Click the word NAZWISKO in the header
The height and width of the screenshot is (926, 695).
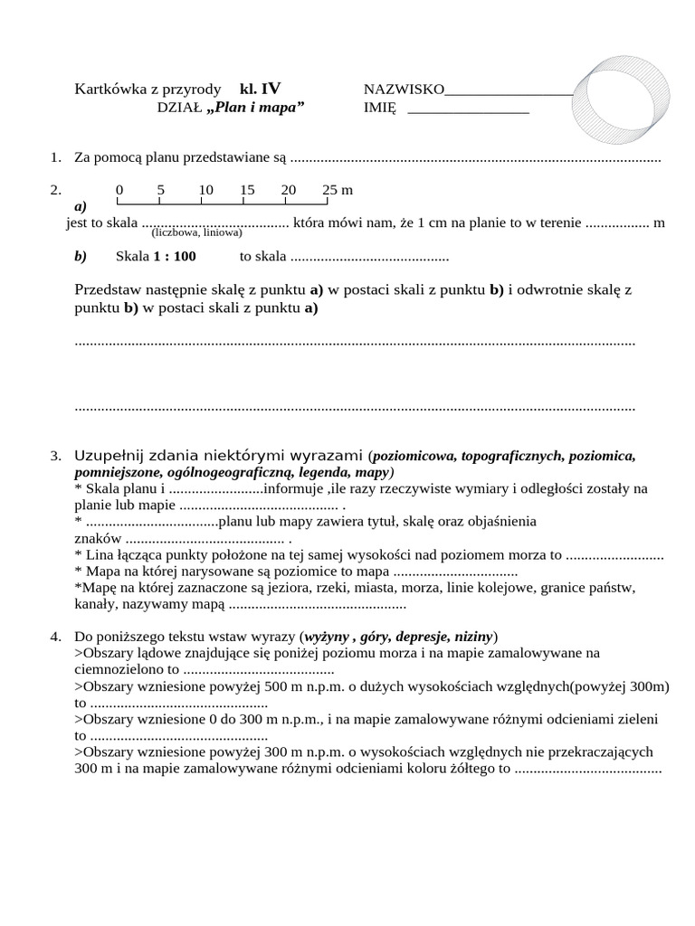click(x=404, y=90)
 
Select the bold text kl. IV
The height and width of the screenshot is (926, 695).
click(x=260, y=89)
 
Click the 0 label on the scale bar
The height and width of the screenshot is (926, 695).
click(x=119, y=190)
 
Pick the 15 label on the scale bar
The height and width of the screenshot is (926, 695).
click(x=247, y=190)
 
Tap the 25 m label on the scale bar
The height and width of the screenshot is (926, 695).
click(x=337, y=190)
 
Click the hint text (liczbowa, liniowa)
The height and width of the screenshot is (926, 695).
click(x=196, y=232)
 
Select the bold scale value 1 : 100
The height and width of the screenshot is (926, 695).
click(x=174, y=256)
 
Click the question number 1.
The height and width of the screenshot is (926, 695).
click(x=55, y=158)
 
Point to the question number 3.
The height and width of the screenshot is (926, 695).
click(x=55, y=455)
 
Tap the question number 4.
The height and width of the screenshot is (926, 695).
click(x=55, y=636)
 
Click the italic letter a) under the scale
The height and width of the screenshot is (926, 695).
click(x=81, y=206)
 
